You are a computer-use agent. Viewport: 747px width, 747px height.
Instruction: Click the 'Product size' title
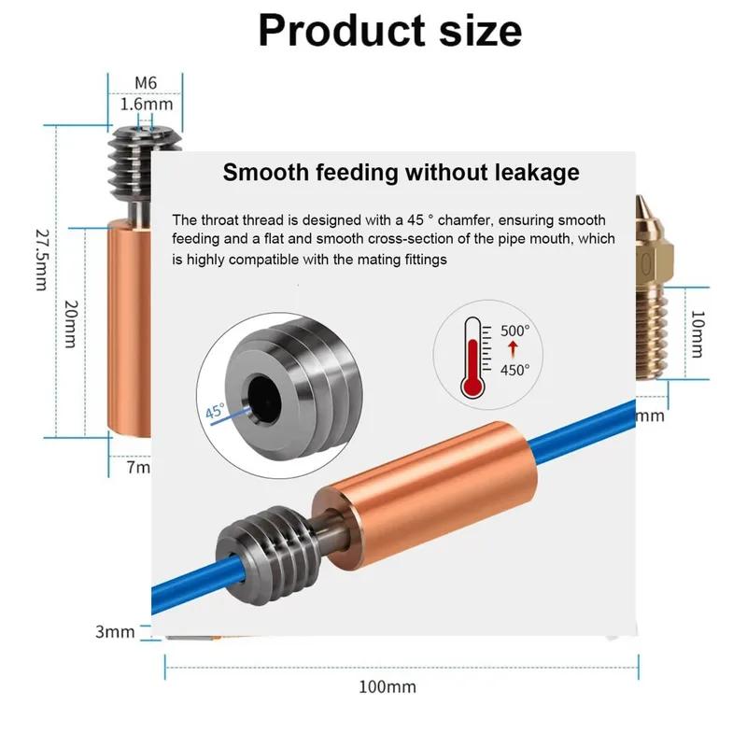pyautogui.click(x=390, y=31)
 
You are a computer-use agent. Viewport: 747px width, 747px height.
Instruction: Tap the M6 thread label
pyautogui.click(x=146, y=83)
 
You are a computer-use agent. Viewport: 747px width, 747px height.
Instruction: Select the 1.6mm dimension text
pyautogui.click(x=147, y=105)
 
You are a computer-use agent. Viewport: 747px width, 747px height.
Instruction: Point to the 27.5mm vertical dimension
pyautogui.click(x=42, y=261)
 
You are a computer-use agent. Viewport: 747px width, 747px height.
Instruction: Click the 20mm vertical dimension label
pyautogui.click(x=71, y=324)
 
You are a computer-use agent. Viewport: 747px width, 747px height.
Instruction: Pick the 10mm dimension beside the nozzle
pyautogui.click(x=697, y=334)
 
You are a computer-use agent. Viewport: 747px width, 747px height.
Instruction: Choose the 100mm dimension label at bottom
pyautogui.click(x=388, y=687)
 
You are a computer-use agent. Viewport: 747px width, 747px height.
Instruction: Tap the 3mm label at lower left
pyautogui.click(x=115, y=632)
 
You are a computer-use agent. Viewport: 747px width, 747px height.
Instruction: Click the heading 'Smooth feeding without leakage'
pyautogui.click(x=402, y=173)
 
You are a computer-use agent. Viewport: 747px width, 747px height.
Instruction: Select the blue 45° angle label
pyautogui.click(x=215, y=411)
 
